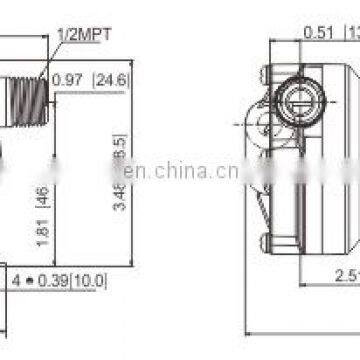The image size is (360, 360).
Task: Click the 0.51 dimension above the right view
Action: tap(318, 31)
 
